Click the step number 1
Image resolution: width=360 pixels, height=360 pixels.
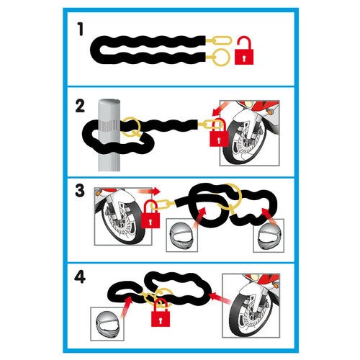coord(81,29)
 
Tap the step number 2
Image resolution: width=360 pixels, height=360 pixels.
coord(80,107)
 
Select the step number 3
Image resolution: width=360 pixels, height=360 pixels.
coord(80,191)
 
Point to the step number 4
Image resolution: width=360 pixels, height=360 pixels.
coord(80,276)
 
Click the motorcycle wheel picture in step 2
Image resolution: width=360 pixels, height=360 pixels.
coord(250,133)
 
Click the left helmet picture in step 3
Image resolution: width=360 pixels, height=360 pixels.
coord(182,235)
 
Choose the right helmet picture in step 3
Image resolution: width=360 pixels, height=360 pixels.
coord(269,235)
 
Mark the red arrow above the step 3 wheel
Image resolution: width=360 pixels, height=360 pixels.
coord(149,191)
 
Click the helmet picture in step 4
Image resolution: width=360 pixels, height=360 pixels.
coord(107,324)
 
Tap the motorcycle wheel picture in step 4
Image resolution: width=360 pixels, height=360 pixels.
coord(251,305)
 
